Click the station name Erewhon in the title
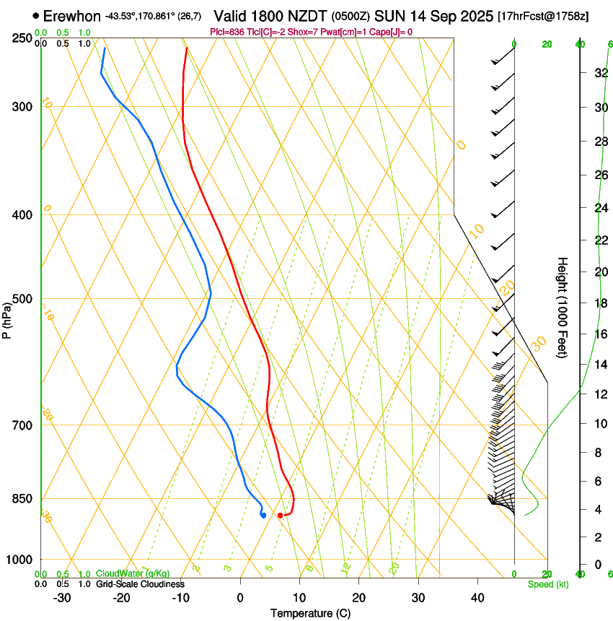pyautogui.click(x=72, y=15)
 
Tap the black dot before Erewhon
pyautogui.click(x=36, y=15)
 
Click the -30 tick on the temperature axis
pyautogui.click(x=62, y=598)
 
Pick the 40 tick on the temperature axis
pyautogui.click(x=477, y=598)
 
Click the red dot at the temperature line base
pyautogui.click(x=281, y=515)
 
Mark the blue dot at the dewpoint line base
pyautogui.click(x=263, y=515)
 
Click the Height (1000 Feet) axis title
pyautogui.click(x=563, y=308)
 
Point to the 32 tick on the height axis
pyautogui.click(x=599, y=73)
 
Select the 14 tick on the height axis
pyautogui.click(x=599, y=365)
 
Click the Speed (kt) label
pyautogui.click(x=548, y=584)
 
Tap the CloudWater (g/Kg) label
pyautogui.click(x=133, y=574)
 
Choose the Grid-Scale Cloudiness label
pyautogui.click(x=140, y=584)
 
